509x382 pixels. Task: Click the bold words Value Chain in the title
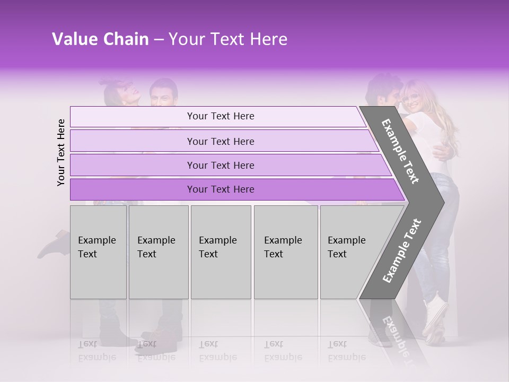100,39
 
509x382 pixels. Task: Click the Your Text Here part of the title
228,39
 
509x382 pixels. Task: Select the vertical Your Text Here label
61,152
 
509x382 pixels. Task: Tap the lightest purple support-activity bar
221,116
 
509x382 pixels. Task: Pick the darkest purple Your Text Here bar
221,189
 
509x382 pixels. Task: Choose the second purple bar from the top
221,141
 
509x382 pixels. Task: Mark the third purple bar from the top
221,165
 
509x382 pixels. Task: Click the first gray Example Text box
98,251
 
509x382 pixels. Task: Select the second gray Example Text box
158,251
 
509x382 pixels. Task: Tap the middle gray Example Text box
220,251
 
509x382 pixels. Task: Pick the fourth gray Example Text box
285,251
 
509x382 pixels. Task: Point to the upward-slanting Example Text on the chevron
402,250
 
